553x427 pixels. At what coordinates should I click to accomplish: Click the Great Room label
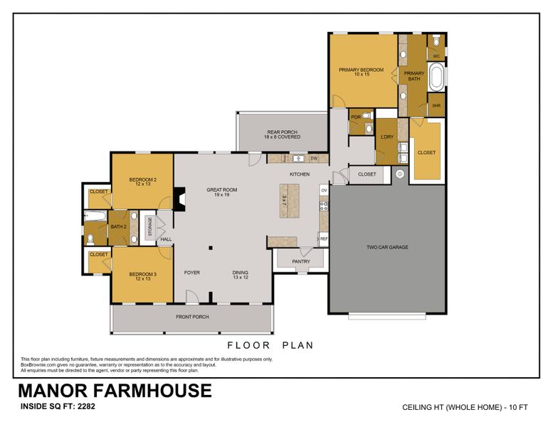(x=221, y=191)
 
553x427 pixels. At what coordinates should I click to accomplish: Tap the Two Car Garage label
(x=386, y=247)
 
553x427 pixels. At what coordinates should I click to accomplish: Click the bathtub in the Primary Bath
(x=436, y=78)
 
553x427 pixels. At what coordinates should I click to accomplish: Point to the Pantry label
(x=302, y=262)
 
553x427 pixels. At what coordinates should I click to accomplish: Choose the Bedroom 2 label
(x=142, y=181)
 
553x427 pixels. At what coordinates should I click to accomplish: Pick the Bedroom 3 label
(x=142, y=276)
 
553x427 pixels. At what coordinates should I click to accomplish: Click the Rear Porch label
(x=282, y=134)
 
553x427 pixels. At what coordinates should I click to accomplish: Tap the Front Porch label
(x=192, y=317)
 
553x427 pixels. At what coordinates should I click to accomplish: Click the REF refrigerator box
(x=323, y=239)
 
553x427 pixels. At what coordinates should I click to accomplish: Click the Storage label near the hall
(x=149, y=228)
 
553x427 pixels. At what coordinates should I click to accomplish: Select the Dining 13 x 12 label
(x=241, y=275)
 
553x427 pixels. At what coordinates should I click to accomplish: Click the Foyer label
(x=191, y=273)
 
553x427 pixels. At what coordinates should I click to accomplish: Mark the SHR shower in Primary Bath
(x=436, y=106)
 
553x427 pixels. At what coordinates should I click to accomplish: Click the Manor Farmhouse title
(x=114, y=391)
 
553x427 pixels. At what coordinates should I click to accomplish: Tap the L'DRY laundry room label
(x=387, y=137)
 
